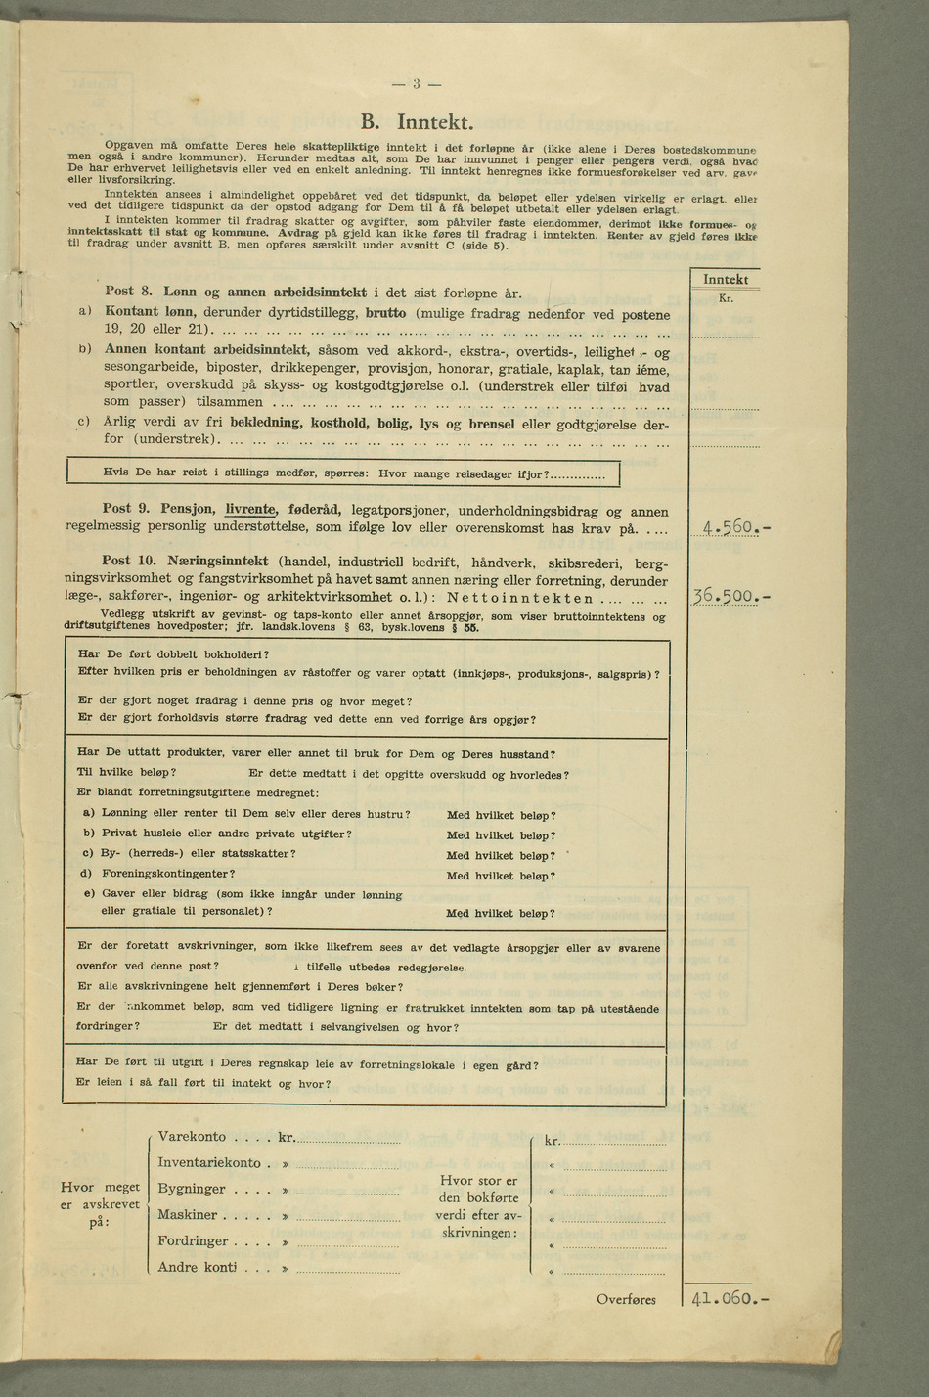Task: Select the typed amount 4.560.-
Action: pyautogui.click(x=732, y=529)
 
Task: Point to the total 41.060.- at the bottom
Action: pyautogui.click(x=730, y=1299)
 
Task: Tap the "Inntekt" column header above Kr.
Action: pyautogui.click(x=726, y=280)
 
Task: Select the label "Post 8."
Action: pyautogui.click(x=126, y=292)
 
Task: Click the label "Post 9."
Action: pyautogui.click(x=125, y=509)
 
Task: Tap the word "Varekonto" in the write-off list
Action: pyautogui.click(x=192, y=1137)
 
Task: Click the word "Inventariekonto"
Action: pyautogui.click(x=209, y=1163)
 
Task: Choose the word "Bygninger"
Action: pyautogui.click(x=192, y=1190)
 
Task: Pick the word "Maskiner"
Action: pyautogui.click(x=188, y=1215)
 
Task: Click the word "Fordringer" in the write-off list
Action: pyautogui.click(x=193, y=1241)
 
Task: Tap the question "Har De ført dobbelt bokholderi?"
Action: pyautogui.click(x=173, y=654)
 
